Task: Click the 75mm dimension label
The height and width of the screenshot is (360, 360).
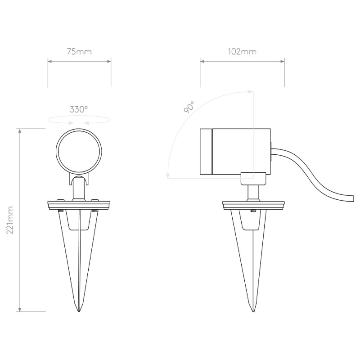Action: [x=79, y=51]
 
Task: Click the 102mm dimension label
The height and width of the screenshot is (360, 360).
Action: [x=242, y=51]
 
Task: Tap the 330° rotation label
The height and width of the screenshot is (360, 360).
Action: [x=79, y=109]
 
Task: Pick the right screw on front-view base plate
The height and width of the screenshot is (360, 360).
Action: [x=94, y=202]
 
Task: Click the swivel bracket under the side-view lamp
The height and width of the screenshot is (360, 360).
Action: [x=254, y=178]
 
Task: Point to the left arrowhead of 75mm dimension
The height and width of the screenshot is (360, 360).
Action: [x=49, y=60]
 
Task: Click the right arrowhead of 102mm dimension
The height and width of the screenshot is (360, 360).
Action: [x=283, y=60]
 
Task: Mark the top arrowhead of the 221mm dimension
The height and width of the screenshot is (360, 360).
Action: [x=20, y=130]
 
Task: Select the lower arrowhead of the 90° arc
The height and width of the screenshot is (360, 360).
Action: [x=167, y=176]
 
